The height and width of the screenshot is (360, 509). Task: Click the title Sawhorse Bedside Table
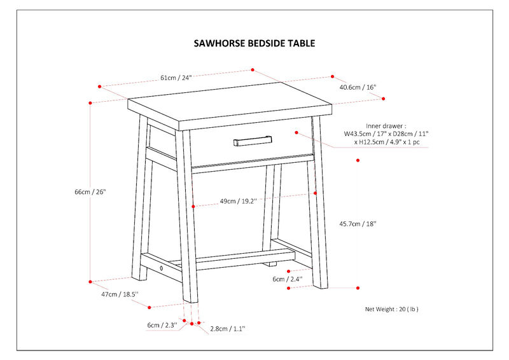click(x=254, y=44)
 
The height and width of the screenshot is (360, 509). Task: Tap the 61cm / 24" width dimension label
click(x=176, y=78)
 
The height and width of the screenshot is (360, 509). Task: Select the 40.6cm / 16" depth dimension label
click(x=358, y=87)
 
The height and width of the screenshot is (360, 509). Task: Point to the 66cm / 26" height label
click(x=90, y=191)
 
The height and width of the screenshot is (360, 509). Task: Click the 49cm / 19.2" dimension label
click(x=237, y=201)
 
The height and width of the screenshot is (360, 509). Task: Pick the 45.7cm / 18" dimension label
click(x=358, y=223)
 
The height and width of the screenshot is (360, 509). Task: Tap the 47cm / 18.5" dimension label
click(x=120, y=295)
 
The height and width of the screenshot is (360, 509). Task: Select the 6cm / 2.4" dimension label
click(x=288, y=279)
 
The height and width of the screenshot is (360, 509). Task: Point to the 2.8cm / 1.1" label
click(x=227, y=328)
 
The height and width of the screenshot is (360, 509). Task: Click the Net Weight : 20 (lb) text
click(x=391, y=309)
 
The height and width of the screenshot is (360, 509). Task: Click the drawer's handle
click(x=253, y=140)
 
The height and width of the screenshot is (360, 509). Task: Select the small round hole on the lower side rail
click(x=162, y=268)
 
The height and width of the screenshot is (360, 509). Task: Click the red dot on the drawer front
click(x=296, y=132)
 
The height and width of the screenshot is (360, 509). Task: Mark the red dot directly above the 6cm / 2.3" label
click(x=184, y=322)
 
